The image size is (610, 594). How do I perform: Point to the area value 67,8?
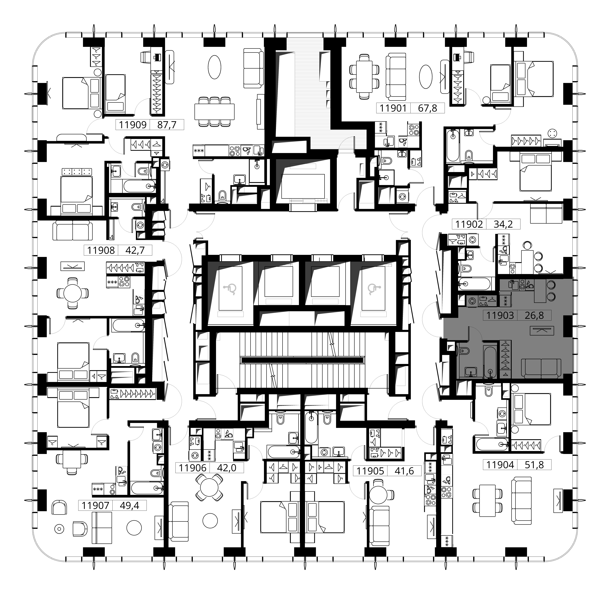tap(427, 108)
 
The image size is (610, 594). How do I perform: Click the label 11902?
tap(469, 224)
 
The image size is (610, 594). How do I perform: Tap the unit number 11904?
tap(500, 465)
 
